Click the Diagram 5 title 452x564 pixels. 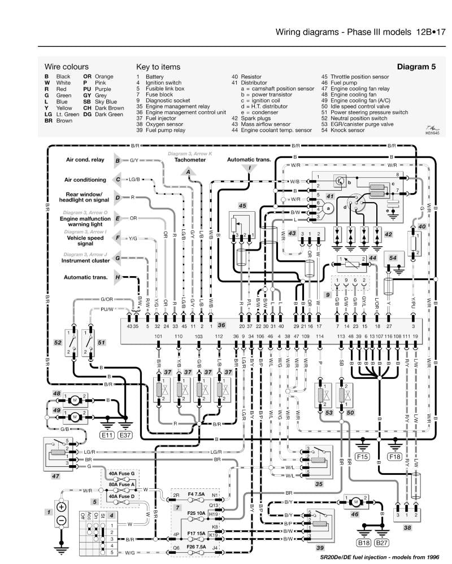tap(416, 66)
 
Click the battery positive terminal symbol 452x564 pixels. tap(62, 506)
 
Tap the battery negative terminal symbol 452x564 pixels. tap(62, 519)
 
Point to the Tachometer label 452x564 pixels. tap(190, 160)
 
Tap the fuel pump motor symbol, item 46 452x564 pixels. tap(356, 501)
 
